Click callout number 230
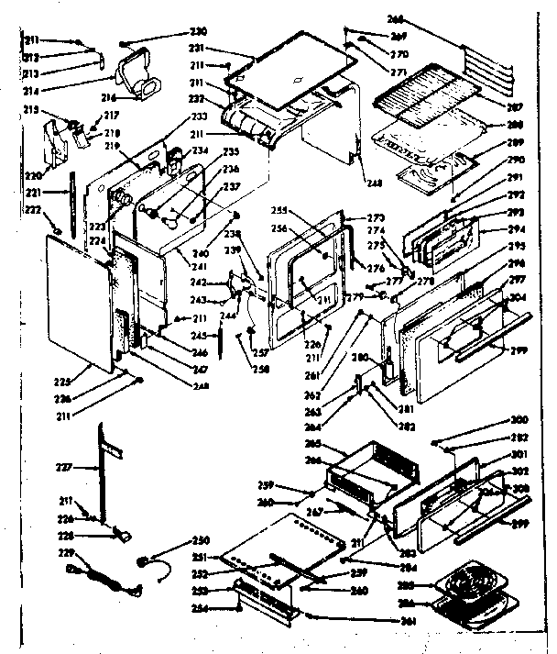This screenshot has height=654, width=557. click(x=197, y=31)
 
